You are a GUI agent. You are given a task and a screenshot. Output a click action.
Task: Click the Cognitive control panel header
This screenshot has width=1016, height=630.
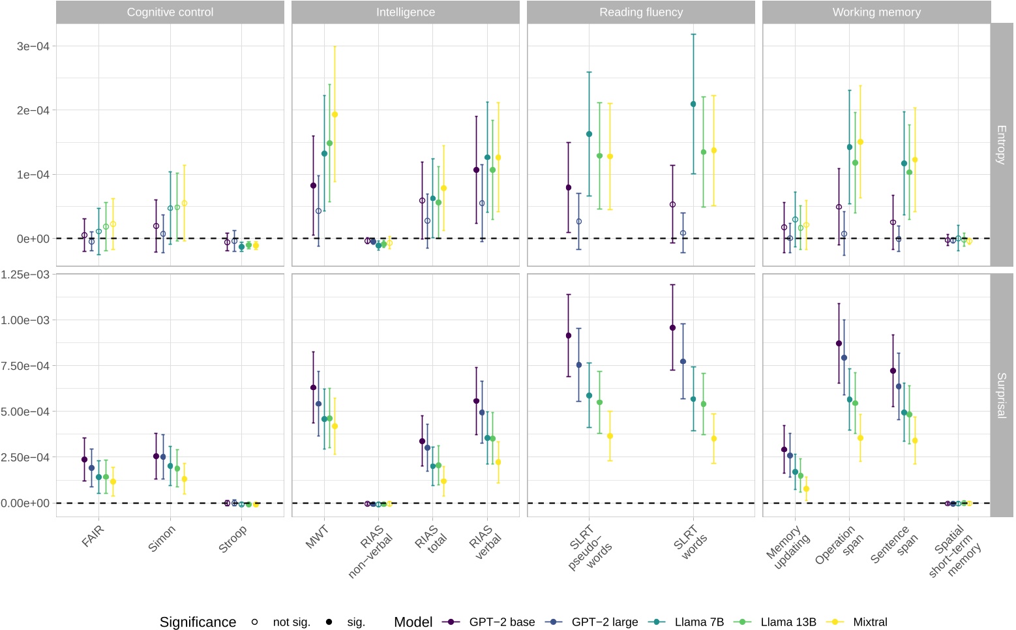170,12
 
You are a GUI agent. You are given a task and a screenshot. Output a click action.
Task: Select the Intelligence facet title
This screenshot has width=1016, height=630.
405,12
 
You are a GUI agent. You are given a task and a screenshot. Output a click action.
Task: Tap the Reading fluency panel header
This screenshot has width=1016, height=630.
640,12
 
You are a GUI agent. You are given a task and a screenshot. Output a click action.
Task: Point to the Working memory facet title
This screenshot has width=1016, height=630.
876,12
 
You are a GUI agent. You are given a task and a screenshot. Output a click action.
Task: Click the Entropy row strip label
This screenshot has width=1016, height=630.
1001,144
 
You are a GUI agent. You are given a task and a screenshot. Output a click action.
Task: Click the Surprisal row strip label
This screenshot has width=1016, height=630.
1001,395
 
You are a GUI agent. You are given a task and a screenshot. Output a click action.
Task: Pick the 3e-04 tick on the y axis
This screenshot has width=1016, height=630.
33,46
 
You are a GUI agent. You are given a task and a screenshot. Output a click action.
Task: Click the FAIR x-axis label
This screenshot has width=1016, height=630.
93,536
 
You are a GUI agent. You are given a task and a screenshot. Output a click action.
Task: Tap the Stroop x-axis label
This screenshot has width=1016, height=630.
233,539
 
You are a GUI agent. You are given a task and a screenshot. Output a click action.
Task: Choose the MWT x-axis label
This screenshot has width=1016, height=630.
317,537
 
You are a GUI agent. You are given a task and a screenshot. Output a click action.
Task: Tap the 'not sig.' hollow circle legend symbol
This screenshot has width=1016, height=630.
255,622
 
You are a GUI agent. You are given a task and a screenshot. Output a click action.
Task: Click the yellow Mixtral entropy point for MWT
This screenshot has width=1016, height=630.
335,115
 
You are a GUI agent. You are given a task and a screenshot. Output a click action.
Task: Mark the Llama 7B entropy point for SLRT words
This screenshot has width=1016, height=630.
693,104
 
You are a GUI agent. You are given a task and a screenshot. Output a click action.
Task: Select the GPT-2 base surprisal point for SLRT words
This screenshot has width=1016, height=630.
672,328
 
